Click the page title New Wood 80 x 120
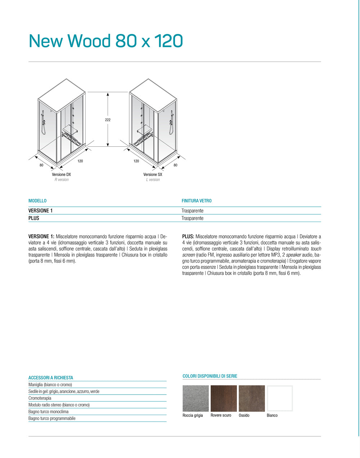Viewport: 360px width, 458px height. tap(106, 41)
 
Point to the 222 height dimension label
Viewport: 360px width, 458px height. tap(108, 120)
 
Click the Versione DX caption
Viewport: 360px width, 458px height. tap(61, 174)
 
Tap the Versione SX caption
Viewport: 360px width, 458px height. tap(153, 174)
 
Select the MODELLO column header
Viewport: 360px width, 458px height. tap(37, 201)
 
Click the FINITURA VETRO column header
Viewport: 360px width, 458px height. tap(197, 201)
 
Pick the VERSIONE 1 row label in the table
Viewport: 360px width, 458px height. tap(40, 210)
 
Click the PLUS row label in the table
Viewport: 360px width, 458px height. tap(34, 218)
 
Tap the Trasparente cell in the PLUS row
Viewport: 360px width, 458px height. tap(192, 218)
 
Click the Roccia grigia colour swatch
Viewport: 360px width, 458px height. tap(195, 399)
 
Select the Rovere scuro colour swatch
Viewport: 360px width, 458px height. tap(224, 399)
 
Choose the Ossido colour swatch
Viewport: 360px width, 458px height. tap(252, 399)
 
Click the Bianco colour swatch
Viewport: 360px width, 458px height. tap(280, 399)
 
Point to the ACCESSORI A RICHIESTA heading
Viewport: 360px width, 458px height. tap(51, 378)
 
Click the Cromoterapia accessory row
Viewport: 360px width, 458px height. tap(40, 398)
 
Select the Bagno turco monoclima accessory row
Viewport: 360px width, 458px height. tap(48, 412)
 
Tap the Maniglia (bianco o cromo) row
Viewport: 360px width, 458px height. tap(50, 384)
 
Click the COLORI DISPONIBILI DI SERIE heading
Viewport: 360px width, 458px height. tap(210, 376)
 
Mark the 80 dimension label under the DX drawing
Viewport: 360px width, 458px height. tap(41, 165)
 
